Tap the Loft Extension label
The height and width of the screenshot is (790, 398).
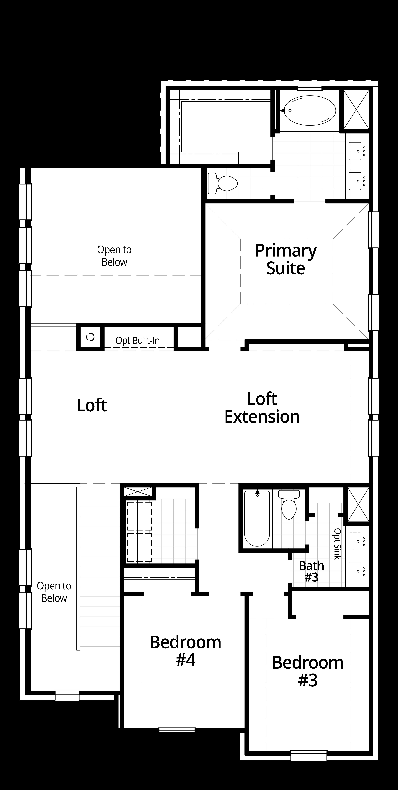tap(262, 408)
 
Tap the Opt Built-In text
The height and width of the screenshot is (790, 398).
tap(137, 340)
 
